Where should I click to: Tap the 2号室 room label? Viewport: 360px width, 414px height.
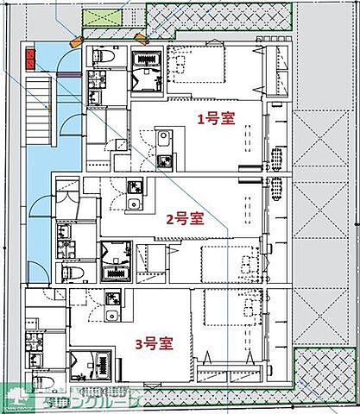click(x=185, y=218)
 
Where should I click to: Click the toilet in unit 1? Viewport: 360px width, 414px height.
click(x=101, y=56)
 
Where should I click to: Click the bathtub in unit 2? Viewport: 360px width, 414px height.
click(x=115, y=273)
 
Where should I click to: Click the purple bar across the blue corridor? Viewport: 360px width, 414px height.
click(x=67, y=75)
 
